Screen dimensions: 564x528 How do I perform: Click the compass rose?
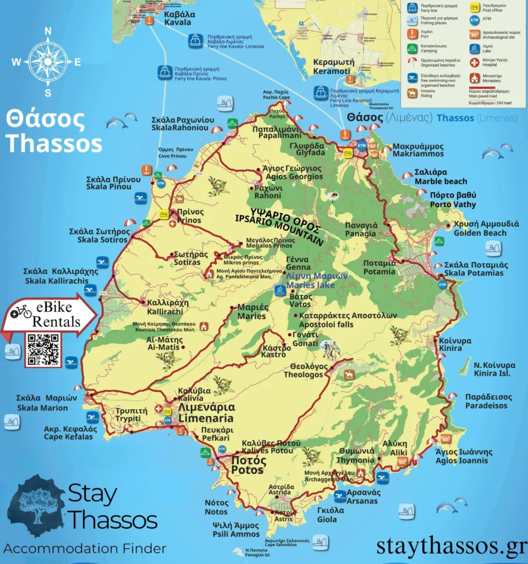click(47, 62)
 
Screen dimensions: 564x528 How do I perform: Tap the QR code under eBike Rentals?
click(43, 349)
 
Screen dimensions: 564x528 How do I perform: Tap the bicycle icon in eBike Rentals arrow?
click(21, 312)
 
